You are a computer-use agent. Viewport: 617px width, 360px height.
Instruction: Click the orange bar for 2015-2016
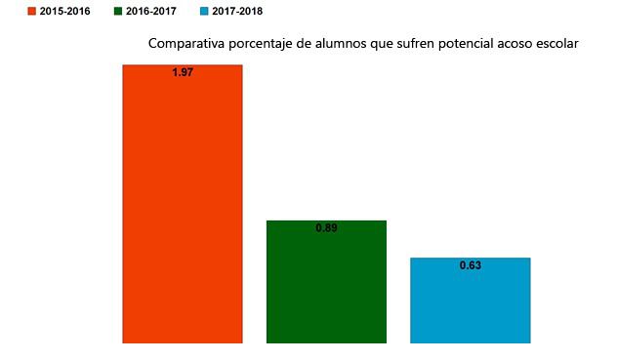[x=182, y=205]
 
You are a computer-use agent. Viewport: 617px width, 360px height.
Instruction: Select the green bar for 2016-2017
[x=326, y=283]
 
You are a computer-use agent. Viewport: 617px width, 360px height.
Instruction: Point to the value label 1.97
[x=182, y=73]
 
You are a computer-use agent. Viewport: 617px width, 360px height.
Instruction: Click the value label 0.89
[x=326, y=228]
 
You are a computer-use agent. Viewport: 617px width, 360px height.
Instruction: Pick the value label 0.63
[x=470, y=265]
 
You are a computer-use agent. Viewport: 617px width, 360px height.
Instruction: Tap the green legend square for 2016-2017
[x=119, y=12]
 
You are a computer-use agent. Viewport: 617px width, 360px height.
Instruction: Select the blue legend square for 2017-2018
[x=203, y=12]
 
